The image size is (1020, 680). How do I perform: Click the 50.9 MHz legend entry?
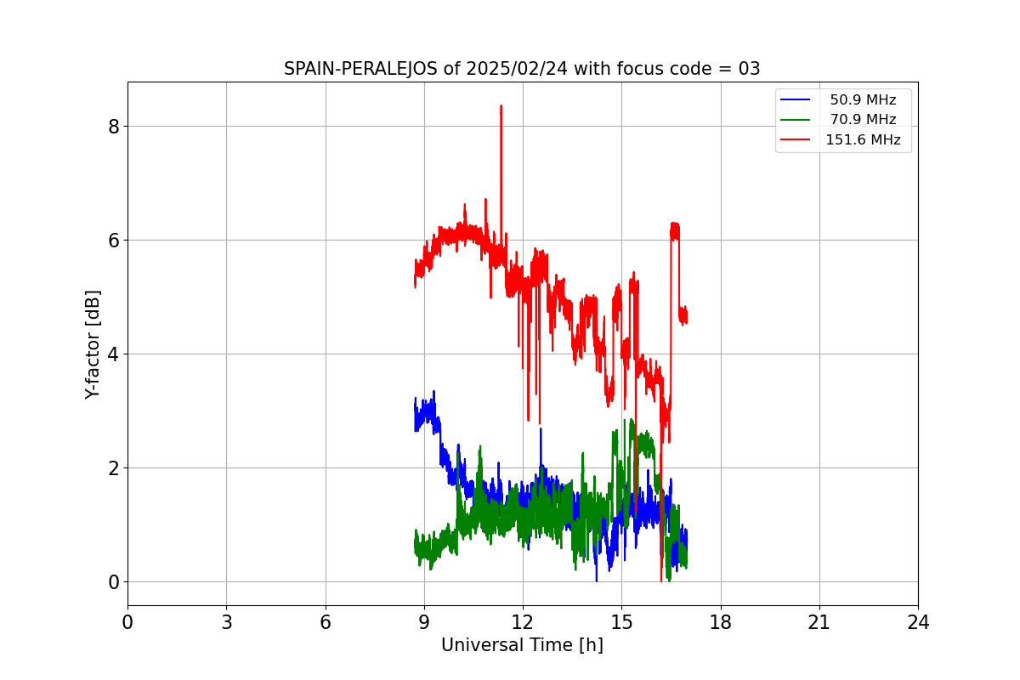(863, 100)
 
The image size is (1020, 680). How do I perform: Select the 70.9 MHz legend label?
(863, 120)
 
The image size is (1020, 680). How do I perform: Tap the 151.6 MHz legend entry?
(863, 140)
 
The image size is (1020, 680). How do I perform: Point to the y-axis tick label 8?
(113, 127)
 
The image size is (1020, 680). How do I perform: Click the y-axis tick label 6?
(113, 241)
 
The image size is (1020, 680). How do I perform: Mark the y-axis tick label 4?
(113, 354)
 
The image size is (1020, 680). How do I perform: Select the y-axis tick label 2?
(113, 468)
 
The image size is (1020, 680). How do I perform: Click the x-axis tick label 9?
(424, 623)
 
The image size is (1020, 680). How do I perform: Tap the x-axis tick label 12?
(523, 623)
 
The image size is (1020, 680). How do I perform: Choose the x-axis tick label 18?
(721, 623)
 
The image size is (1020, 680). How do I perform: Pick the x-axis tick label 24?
(918, 623)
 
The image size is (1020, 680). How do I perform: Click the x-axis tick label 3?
(226, 623)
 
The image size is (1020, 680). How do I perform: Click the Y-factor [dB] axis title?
(93, 344)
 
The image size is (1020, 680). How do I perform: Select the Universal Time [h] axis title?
(522, 646)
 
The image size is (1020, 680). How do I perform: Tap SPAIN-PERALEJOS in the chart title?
(361, 69)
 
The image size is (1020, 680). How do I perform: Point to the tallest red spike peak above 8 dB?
(501, 106)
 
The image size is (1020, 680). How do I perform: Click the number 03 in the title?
(749, 69)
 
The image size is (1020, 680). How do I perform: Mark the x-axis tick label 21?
(819, 623)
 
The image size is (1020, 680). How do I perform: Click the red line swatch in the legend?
(796, 140)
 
